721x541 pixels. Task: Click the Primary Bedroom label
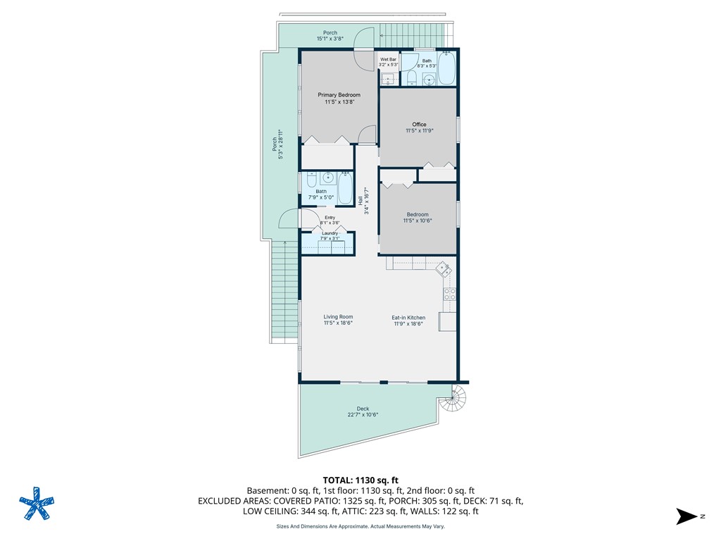[339, 95]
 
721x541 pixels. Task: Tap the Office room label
[419, 125]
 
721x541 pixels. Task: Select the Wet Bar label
[389, 59]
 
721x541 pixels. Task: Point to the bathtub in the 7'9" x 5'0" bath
[345, 189]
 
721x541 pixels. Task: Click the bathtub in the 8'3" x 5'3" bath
[446, 68]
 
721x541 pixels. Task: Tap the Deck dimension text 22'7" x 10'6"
[363, 415]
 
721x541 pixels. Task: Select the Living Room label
[338, 318]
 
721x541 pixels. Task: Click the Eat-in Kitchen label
[408, 318]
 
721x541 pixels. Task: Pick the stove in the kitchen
[449, 294]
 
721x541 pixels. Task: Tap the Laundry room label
[330, 233]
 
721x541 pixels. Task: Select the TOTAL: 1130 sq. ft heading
[360, 480]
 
